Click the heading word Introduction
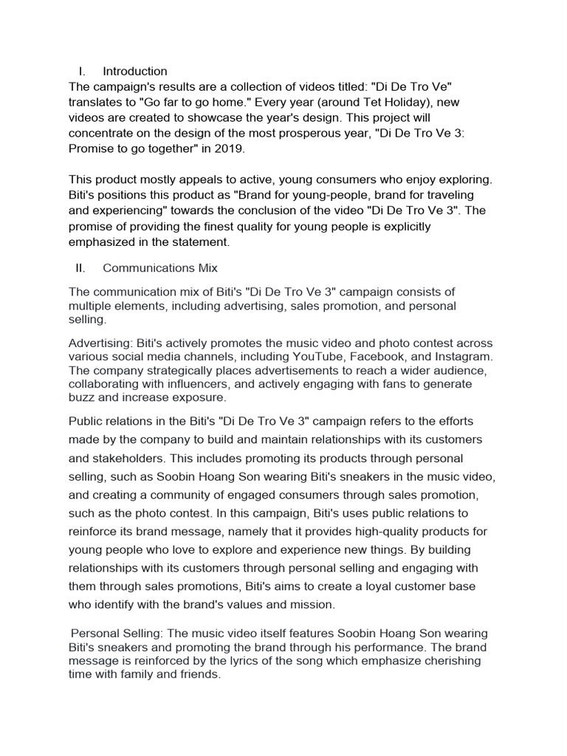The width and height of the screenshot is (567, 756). click(135, 72)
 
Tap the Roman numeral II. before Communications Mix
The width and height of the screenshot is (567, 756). click(81, 268)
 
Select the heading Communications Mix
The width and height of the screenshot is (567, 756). click(160, 268)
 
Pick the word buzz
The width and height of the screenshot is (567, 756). click(82, 396)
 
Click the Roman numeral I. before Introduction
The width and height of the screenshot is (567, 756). click(81, 72)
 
